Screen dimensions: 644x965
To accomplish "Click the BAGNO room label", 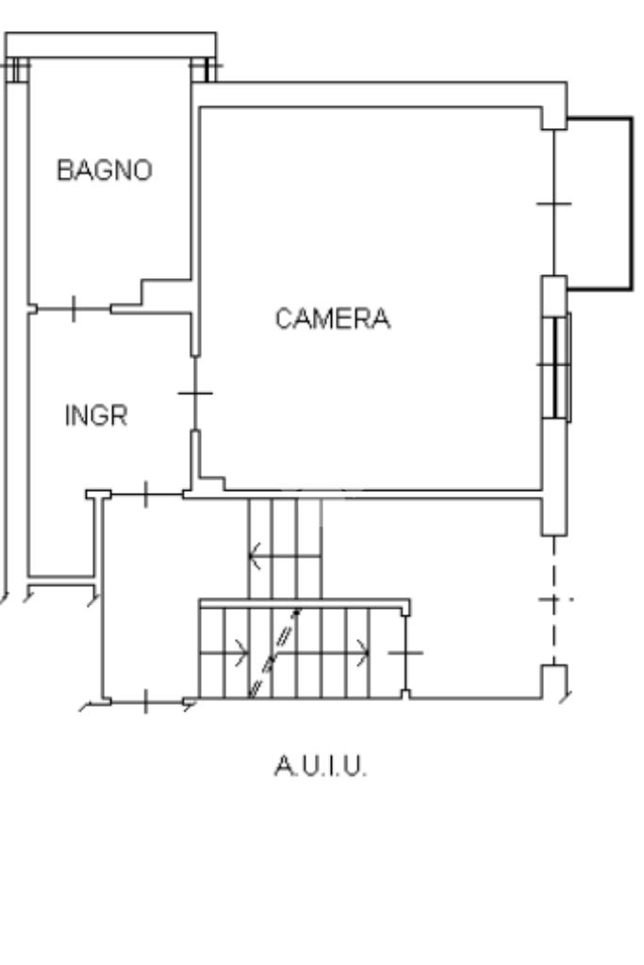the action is click(x=105, y=171).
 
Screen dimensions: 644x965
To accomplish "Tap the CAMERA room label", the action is click(x=332, y=319).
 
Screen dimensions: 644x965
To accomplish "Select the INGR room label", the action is click(x=95, y=416).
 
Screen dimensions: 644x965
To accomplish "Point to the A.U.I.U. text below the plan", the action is click(x=321, y=767).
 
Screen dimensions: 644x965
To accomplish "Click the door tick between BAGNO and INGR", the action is click(x=74, y=307).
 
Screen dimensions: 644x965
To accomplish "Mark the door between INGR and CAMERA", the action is click(x=194, y=393).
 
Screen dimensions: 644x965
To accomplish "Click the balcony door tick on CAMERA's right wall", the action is click(x=554, y=203).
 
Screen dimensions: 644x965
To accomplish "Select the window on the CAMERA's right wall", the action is click(x=558, y=365).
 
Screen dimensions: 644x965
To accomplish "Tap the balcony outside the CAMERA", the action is click(x=598, y=203).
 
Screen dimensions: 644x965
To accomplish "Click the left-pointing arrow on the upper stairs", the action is click(x=256, y=557).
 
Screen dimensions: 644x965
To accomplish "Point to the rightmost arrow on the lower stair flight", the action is click(x=361, y=650).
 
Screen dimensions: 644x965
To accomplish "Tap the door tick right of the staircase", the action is click(x=405, y=651).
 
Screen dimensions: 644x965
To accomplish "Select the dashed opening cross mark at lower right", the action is click(x=554, y=599).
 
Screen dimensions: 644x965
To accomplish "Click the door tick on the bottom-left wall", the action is click(x=145, y=700).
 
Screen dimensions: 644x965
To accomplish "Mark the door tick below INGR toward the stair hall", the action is click(x=145, y=493).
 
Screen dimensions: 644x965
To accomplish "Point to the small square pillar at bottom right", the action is click(x=554, y=679).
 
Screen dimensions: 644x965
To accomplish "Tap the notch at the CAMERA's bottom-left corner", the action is click(x=213, y=483).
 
